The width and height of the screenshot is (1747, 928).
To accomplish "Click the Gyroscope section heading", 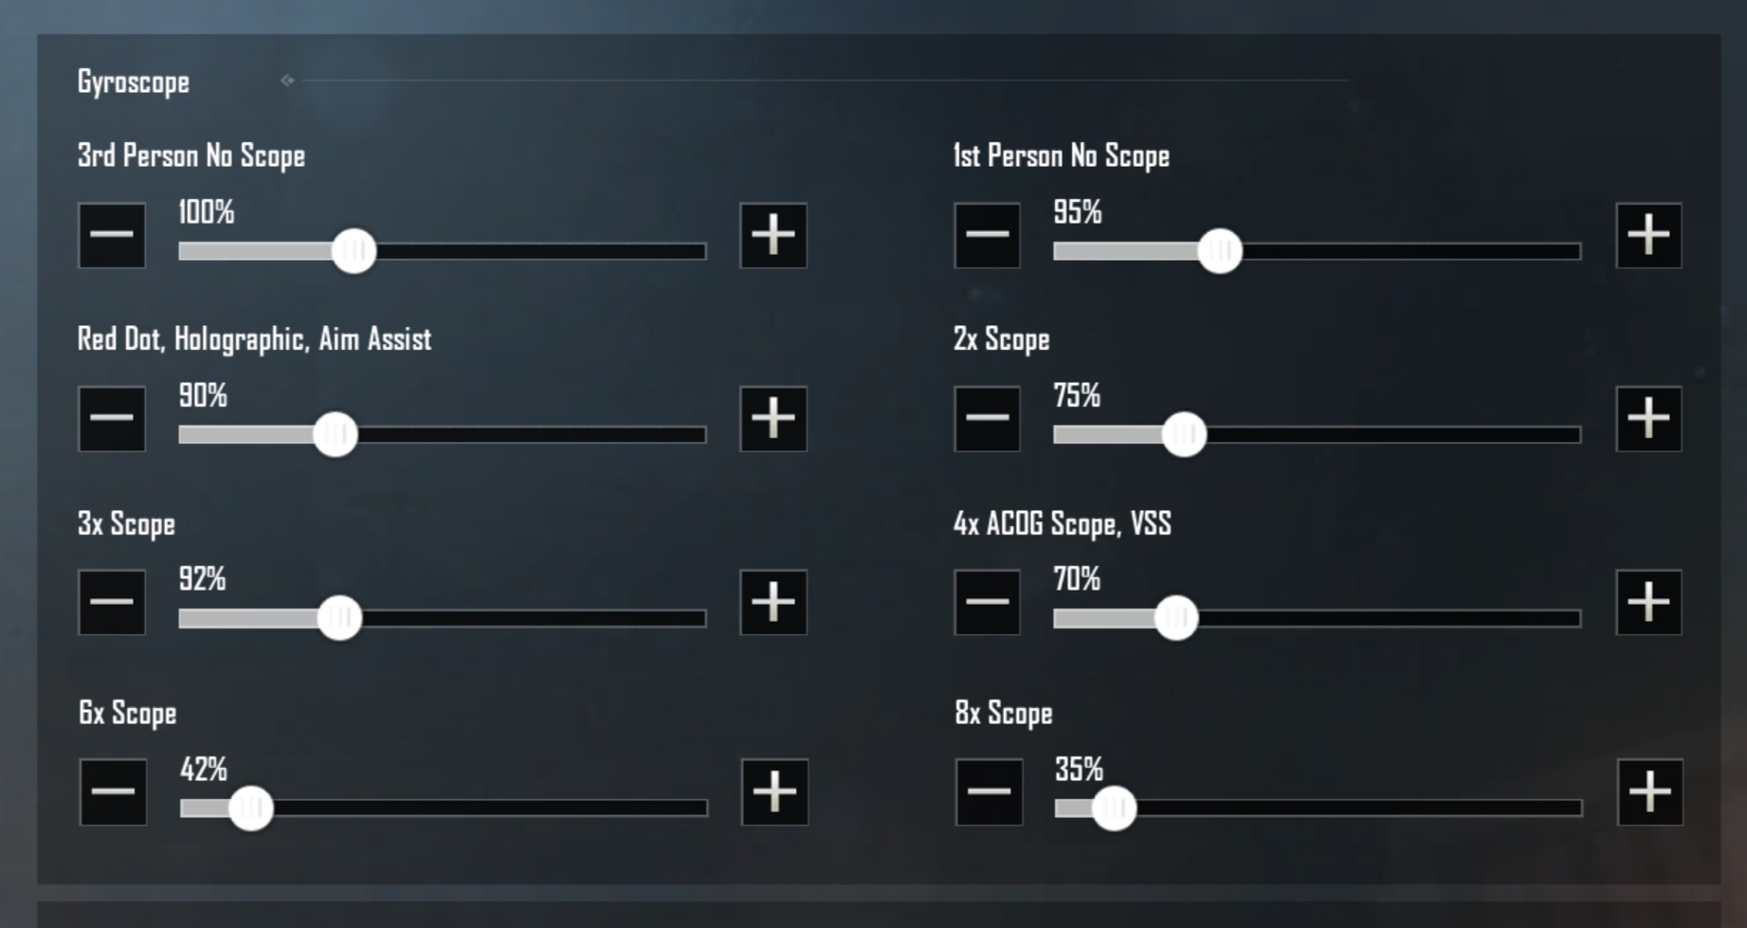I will pos(134,82).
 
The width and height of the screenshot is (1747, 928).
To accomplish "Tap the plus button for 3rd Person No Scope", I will pos(773,235).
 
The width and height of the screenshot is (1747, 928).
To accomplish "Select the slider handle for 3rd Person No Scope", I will pos(355,251).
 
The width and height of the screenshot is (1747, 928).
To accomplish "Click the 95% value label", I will pos(1078,212).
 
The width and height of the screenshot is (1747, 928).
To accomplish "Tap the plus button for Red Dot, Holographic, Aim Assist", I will pos(773,418).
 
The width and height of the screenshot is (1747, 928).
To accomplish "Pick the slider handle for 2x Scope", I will pos(1184,435).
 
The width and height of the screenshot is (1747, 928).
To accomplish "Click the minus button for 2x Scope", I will pos(987,418).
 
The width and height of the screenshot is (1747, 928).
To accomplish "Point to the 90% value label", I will pos(203,395).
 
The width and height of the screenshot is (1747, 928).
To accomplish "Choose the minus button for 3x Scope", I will pos(112,602).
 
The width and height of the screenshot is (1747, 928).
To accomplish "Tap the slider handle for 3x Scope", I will pos(339,618).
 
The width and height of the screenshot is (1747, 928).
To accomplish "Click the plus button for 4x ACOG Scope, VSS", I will pos(1648,602).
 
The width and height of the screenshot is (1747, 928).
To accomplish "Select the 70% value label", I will pos(1077,578).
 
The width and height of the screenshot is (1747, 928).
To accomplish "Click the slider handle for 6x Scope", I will pos(251,809).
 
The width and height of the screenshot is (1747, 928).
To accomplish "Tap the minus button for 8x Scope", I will pos(989,792).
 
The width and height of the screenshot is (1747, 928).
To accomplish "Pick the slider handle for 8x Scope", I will pos(1114,809).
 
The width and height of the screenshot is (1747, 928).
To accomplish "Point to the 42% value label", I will pos(204,769).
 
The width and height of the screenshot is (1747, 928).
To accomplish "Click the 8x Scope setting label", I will pos(1004,714).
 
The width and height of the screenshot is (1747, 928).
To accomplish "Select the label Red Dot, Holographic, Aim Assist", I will pos(254,339).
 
